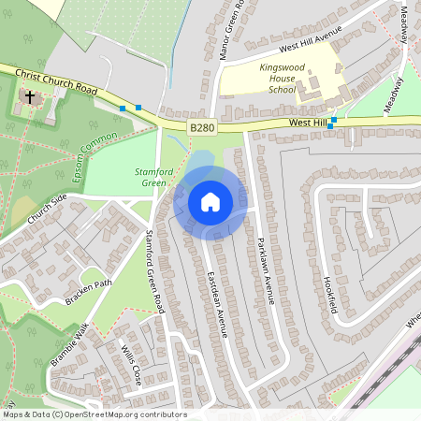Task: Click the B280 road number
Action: coord(201,125)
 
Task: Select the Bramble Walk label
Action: coord(68,343)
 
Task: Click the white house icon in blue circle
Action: coord(210,202)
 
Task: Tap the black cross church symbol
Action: coord(30,96)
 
